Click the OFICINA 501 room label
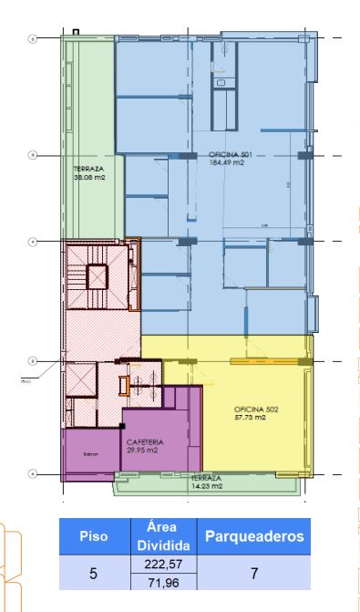(229, 154)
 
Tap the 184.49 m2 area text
(228, 162)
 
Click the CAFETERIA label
(142, 441)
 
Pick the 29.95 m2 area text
(142, 450)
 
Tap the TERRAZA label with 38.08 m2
(88, 169)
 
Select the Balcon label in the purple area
(89, 453)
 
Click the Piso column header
(94, 537)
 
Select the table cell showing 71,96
(167, 582)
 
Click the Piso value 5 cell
(94, 574)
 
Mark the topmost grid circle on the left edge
(32, 39)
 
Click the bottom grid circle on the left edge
(32, 473)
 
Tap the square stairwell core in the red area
(96, 275)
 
